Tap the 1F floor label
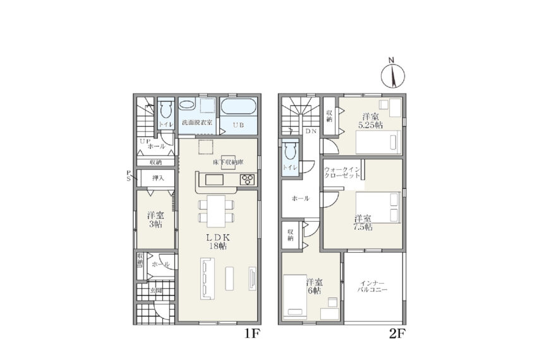coord(253,333)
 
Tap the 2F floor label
coord(397,333)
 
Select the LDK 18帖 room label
coord(217,241)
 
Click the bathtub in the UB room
coord(238,106)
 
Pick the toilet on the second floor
coord(290,151)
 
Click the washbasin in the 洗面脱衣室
coord(186,104)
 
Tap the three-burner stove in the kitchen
coord(248,179)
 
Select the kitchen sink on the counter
coord(214,179)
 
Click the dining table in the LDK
coord(216,211)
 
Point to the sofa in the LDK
coord(207,279)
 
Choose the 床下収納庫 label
coord(229,162)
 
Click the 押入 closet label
coord(158,178)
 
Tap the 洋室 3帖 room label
coord(155,220)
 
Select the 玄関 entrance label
coord(156,291)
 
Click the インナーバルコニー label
coord(372,287)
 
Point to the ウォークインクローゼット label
coord(342,172)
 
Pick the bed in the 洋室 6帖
coord(295,297)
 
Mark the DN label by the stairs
coord(311,131)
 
